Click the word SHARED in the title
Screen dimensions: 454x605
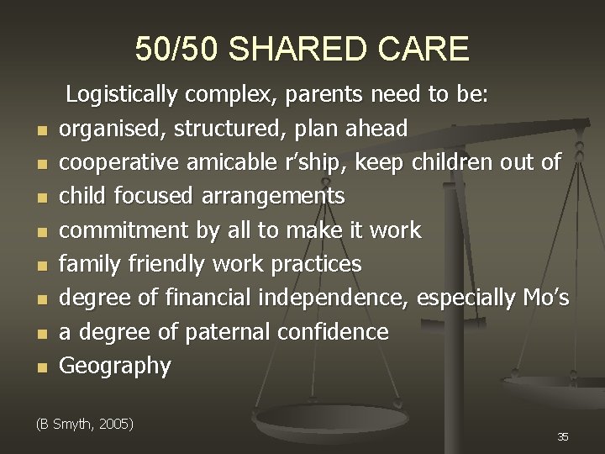(x=303, y=50)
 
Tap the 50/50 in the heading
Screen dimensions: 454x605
(x=177, y=50)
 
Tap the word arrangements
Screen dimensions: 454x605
(x=273, y=197)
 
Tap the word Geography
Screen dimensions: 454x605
(x=115, y=366)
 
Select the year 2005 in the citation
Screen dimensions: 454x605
(x=116, y=424)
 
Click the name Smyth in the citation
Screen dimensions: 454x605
(x=72, y=424)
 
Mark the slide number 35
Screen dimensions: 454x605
(x=562, y=436)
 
